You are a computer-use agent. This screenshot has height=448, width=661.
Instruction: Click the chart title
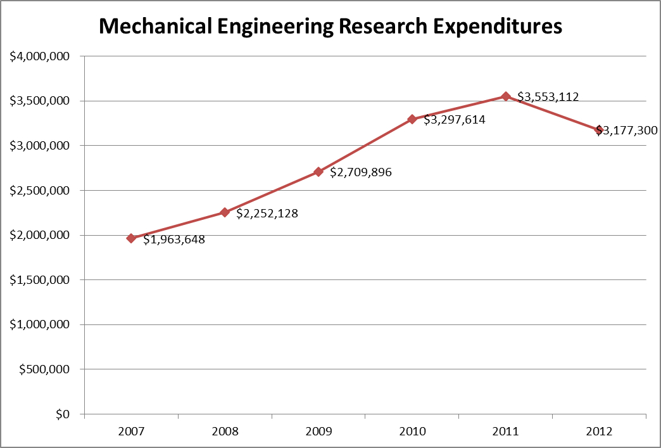tap(330, 27)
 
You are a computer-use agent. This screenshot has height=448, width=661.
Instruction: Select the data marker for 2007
tap(131, 238)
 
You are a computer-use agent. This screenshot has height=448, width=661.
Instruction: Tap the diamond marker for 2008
tap(225, 212)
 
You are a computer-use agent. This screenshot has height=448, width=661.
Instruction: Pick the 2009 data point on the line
tap(318, 172)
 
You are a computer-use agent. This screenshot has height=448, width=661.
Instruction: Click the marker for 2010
tap(412, 119)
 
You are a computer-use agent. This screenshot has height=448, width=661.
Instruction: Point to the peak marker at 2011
tap(506, 96)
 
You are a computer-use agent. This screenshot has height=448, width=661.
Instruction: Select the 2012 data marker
tap(599, 130)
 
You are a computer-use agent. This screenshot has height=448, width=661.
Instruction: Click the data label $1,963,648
tap(173, 240)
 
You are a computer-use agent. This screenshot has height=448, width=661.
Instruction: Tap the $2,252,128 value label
tap(267, 214)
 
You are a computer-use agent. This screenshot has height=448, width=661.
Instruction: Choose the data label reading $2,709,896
tap(361, 172)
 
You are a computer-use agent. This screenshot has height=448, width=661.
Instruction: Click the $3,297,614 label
tap(454, 119)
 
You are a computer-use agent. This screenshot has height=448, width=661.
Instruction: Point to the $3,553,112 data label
tap(548, 97)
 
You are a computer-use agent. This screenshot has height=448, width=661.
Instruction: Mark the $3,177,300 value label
tap(627, 131)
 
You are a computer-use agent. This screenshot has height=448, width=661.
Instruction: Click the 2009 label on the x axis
tap(318, 432)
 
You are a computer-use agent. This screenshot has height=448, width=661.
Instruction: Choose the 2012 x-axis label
tap(599, 432)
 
